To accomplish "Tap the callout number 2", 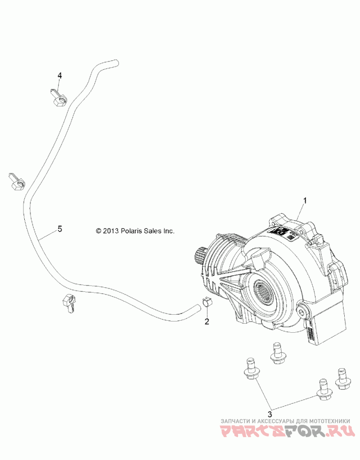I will click(x=207, y=321).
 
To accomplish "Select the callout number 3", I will click(x=270, y=414).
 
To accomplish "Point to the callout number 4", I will click(x=59, y=75).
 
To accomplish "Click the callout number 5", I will click(x=59, y=229).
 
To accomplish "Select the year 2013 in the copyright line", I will click(x=110, y=231).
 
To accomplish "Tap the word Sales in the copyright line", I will click(x=155, y=231).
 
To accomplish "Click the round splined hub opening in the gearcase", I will click(x=263, y=295).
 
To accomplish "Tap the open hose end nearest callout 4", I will click(x=115, y=63).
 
